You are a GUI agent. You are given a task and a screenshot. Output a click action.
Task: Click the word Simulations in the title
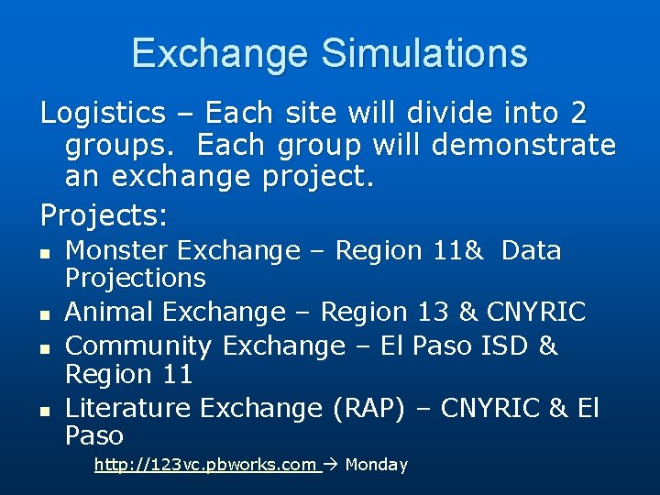(424, 53)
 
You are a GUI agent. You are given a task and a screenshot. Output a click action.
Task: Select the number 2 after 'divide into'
(577, 114)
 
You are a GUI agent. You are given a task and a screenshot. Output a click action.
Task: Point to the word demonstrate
(523, 145)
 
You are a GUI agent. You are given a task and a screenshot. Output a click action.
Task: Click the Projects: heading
(104, 215)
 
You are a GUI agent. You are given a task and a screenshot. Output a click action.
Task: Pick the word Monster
(116, 250)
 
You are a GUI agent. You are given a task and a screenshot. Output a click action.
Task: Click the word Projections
(136, 277)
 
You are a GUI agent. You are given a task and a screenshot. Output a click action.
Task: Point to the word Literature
(128, 407)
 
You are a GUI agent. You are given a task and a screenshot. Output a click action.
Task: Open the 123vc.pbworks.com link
(205, 465)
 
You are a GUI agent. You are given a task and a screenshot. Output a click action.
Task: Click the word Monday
(376, 465)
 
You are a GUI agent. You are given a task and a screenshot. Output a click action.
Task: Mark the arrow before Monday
(333, 465)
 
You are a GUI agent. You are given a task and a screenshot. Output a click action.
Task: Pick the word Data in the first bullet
(532, 250)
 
